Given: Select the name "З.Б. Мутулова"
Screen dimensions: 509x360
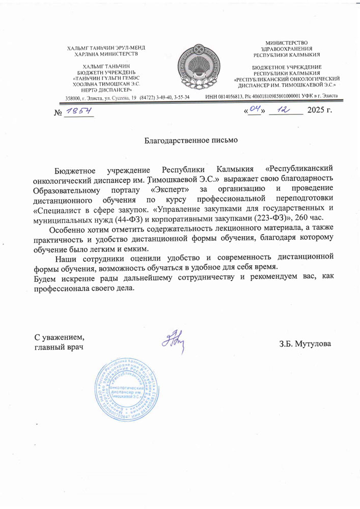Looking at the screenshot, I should tap(305, 344).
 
